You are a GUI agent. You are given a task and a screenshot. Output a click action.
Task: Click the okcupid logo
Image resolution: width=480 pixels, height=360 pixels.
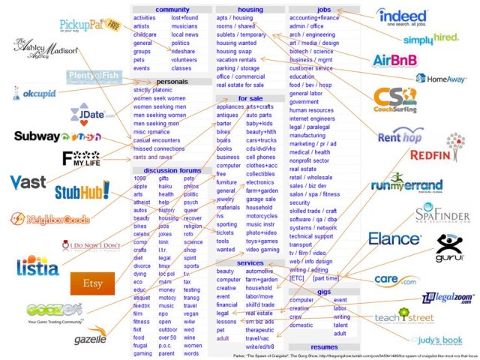tap(35, 95)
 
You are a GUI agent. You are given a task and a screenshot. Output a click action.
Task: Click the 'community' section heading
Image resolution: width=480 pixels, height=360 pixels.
tap(172, 9)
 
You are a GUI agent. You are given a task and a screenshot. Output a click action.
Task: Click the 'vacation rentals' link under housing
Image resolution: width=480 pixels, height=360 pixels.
tap(236, 59)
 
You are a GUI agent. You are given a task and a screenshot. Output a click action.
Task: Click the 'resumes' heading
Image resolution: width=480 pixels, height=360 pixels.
tap(324, 347)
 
